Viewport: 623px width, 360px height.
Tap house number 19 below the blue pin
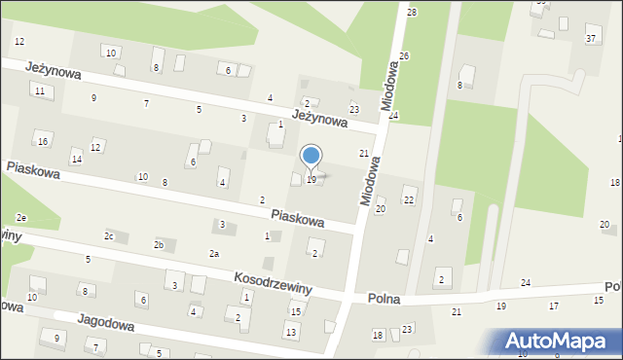pos(311,180)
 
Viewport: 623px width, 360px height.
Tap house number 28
pos(412,12)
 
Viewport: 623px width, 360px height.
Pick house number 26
pos(404,56)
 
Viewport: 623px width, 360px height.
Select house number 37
pos(590,38)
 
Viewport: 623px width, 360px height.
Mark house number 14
pos(76,160)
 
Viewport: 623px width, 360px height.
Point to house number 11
pos(40,90)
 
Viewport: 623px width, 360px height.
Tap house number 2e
pos(20,217)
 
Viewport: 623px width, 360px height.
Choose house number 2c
pos(110,236)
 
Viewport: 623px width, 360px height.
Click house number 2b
pos(159,244)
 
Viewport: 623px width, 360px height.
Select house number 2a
pos(214,254)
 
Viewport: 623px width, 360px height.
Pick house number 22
pos(409,199)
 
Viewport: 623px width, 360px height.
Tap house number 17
pos(554,306)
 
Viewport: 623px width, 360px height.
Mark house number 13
pos(290,333)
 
